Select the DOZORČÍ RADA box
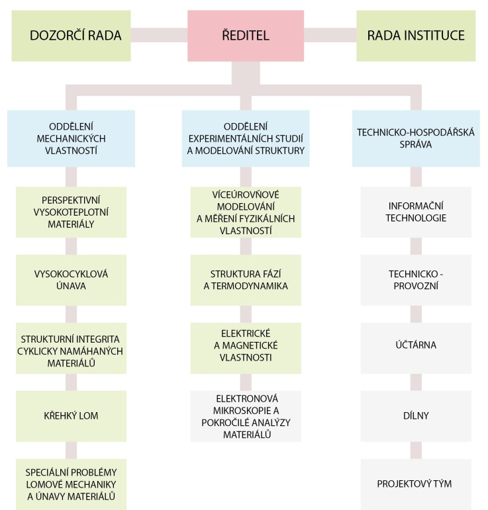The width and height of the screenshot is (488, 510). [x=75, y=35]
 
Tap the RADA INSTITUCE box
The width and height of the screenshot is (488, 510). [x=416, y=35]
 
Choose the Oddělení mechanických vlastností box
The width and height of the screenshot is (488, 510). [x=71, y=138]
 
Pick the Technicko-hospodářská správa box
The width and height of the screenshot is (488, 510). [x=416, y=138]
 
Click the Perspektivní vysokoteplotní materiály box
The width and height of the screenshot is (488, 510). [x=71, y=212]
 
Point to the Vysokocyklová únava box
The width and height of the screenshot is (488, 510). [x=71, y=280]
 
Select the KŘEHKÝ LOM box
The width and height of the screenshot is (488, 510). [x=71, y=415]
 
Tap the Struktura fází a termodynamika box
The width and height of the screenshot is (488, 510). [x=245, y=280]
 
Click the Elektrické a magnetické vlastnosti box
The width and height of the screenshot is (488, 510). [x=245, y=347]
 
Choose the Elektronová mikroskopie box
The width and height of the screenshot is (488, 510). [x=245, y=415]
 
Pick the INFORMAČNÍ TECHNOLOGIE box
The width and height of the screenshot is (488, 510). [x=416, y=212]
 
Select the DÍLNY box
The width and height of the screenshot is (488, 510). [x=416, y=415]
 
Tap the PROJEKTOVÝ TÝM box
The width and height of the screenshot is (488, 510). [x=416, y=484]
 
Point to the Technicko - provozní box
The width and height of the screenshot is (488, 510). [x=416, y=280]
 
